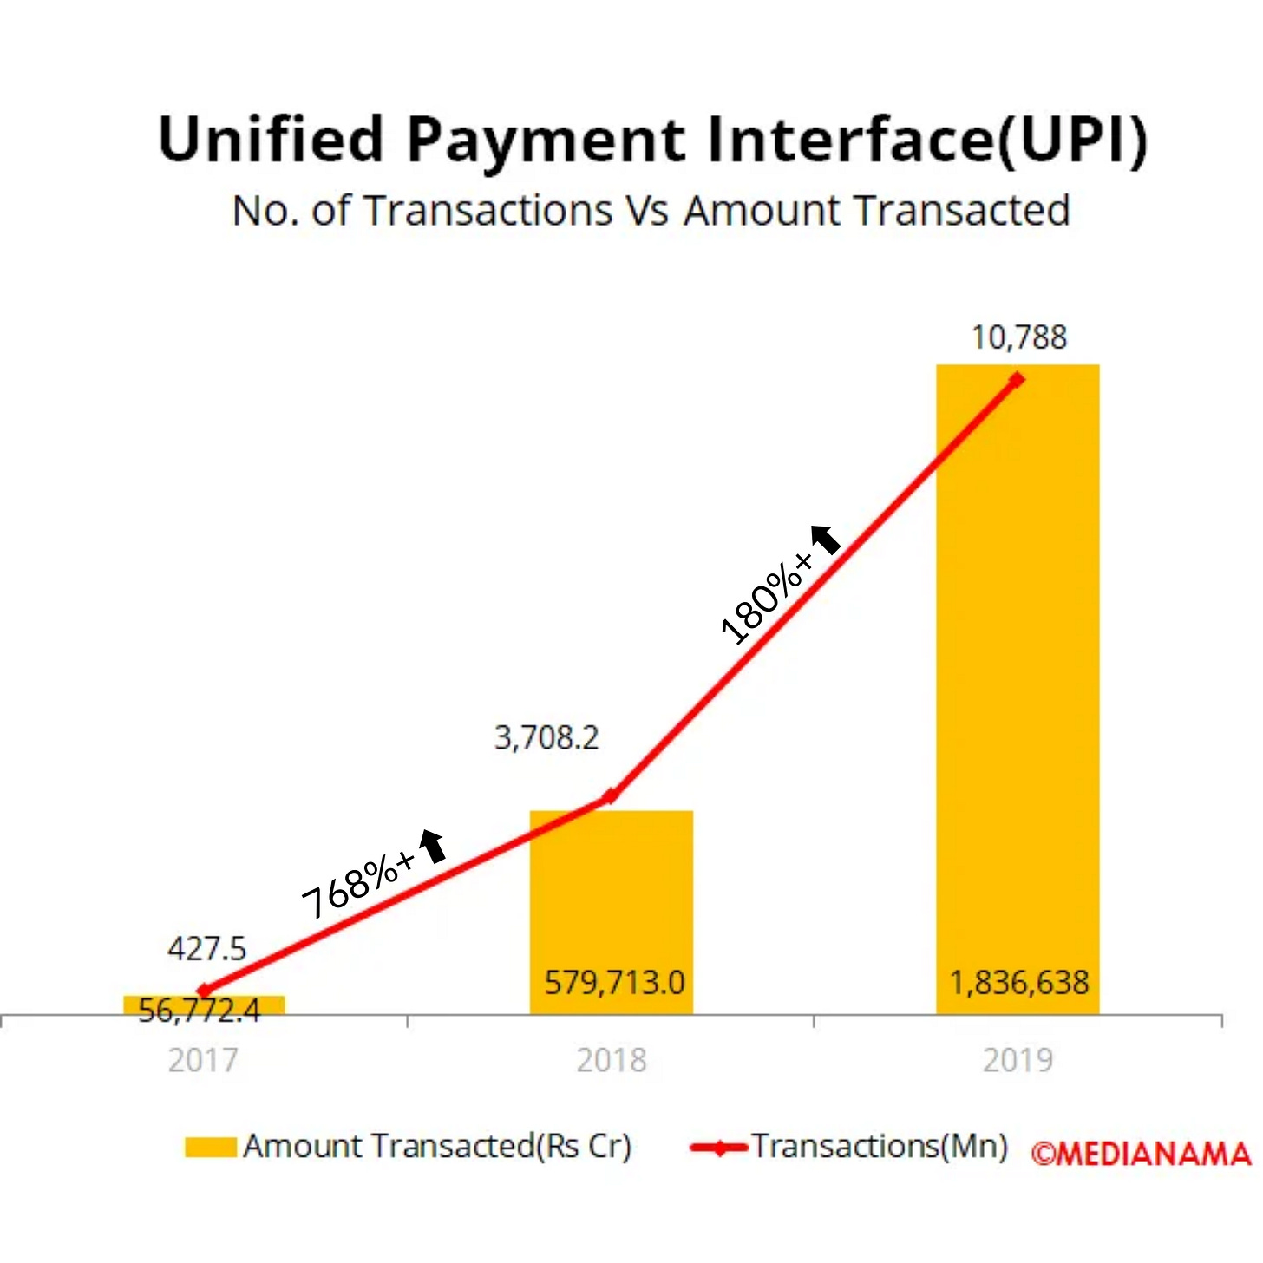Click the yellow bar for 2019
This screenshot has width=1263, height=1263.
pos(1018,694)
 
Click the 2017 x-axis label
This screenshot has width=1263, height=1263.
pos(203,1060)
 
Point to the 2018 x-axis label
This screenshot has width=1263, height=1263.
pos(612,1060)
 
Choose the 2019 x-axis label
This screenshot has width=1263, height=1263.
pos(1018,1060)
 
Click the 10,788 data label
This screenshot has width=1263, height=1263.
pos(1018,337)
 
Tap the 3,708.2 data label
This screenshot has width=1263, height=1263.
pos(546,738)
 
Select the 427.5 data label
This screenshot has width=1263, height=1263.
pos(206,949)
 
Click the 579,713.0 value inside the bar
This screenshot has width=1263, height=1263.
pos(614,983)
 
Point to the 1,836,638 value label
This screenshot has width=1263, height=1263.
pos(1019,983)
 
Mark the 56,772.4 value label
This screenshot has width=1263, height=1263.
pos(199,1011)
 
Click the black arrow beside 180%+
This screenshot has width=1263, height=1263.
pos(826,540)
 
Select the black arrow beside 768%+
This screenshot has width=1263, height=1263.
pos(433,846)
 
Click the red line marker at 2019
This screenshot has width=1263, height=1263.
pos(1017,380)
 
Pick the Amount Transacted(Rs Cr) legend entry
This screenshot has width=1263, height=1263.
pos(408,1147)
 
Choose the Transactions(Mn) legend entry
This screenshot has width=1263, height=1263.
pos(850,1147)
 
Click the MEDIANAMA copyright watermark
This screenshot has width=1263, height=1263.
pos(1141,1154)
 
